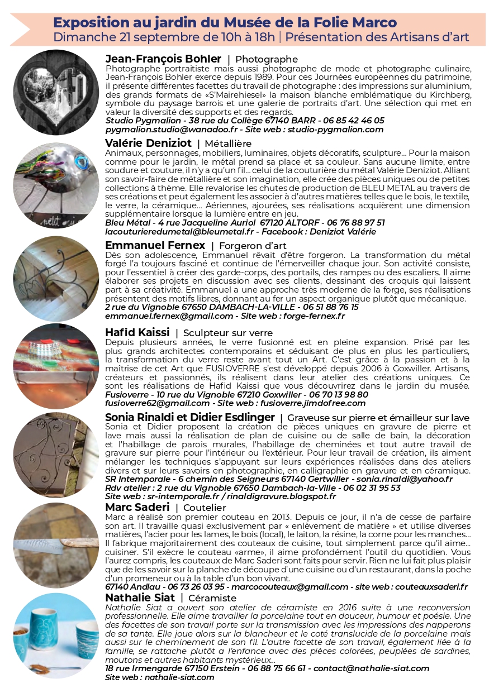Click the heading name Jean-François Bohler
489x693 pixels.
tap(163, 59)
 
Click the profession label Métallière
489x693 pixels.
tap(228, 144)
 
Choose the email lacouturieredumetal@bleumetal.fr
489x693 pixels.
tap(179, 231)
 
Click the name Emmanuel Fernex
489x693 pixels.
tap(155, 246)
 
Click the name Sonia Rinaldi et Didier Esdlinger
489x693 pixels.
tap(190, 418)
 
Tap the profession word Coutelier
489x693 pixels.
tap(205, 508)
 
